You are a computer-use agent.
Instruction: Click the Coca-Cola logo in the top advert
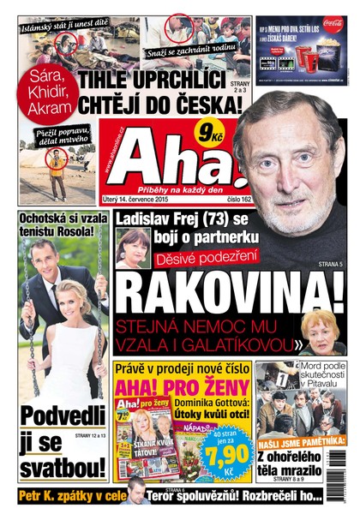tap(333, 24)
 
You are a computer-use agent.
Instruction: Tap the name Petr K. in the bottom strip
tap(42, 495)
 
